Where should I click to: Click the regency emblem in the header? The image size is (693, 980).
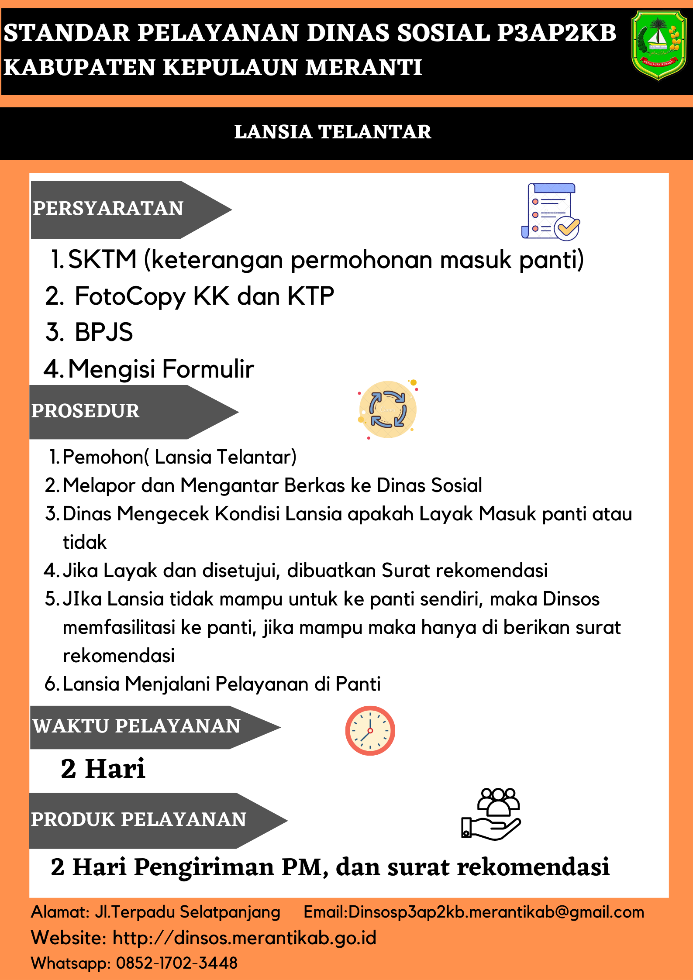(659, 45)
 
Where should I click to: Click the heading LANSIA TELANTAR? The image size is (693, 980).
(333, 132)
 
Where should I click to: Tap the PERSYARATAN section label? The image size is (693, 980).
(108, 209)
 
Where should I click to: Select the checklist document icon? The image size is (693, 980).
(550, 212)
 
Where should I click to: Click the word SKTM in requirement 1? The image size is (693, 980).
(103, 259)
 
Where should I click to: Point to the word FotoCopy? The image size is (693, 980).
(130, 296)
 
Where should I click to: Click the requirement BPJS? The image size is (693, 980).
(103, 332)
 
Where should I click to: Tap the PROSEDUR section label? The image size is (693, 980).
(86, 411)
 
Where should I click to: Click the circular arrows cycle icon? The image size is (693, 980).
(388, 409)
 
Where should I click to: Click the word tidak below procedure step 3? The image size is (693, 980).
(85, 542)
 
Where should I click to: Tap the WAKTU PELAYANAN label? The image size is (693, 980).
(136, 726)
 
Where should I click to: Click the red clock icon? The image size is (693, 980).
(370, 730)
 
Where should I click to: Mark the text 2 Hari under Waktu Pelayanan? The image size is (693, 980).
(103, 769)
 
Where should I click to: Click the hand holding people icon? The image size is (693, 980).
(491, 814)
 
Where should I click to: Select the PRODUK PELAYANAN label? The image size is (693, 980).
(139, 820)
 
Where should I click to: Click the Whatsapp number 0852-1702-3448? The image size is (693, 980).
(177, 963)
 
